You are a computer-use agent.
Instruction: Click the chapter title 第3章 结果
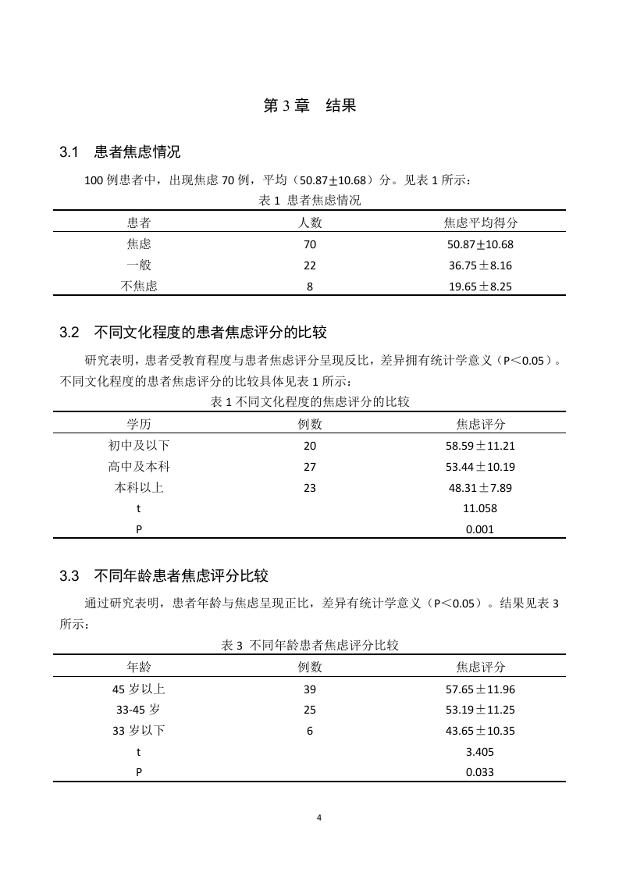309,106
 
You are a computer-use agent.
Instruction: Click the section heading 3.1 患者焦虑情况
120,151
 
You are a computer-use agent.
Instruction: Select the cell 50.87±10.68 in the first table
481,244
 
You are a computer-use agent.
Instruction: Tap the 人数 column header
310,223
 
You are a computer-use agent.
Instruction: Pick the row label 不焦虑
139,287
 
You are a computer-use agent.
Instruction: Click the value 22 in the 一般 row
310,265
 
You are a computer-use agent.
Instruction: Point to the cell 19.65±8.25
481,287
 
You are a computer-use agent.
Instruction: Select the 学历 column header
139,425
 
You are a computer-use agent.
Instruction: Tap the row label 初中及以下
139,447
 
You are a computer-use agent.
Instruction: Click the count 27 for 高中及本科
310,468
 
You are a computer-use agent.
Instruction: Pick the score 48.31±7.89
481,489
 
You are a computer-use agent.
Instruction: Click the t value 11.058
481,509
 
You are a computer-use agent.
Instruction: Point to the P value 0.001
481,529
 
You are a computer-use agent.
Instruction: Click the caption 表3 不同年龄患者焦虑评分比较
310,646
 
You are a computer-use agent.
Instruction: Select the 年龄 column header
139,668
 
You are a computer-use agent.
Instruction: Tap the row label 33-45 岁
139,710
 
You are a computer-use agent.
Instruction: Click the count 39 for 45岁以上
310,689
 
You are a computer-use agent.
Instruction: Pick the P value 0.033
481,772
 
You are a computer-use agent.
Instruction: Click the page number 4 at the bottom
318,817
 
